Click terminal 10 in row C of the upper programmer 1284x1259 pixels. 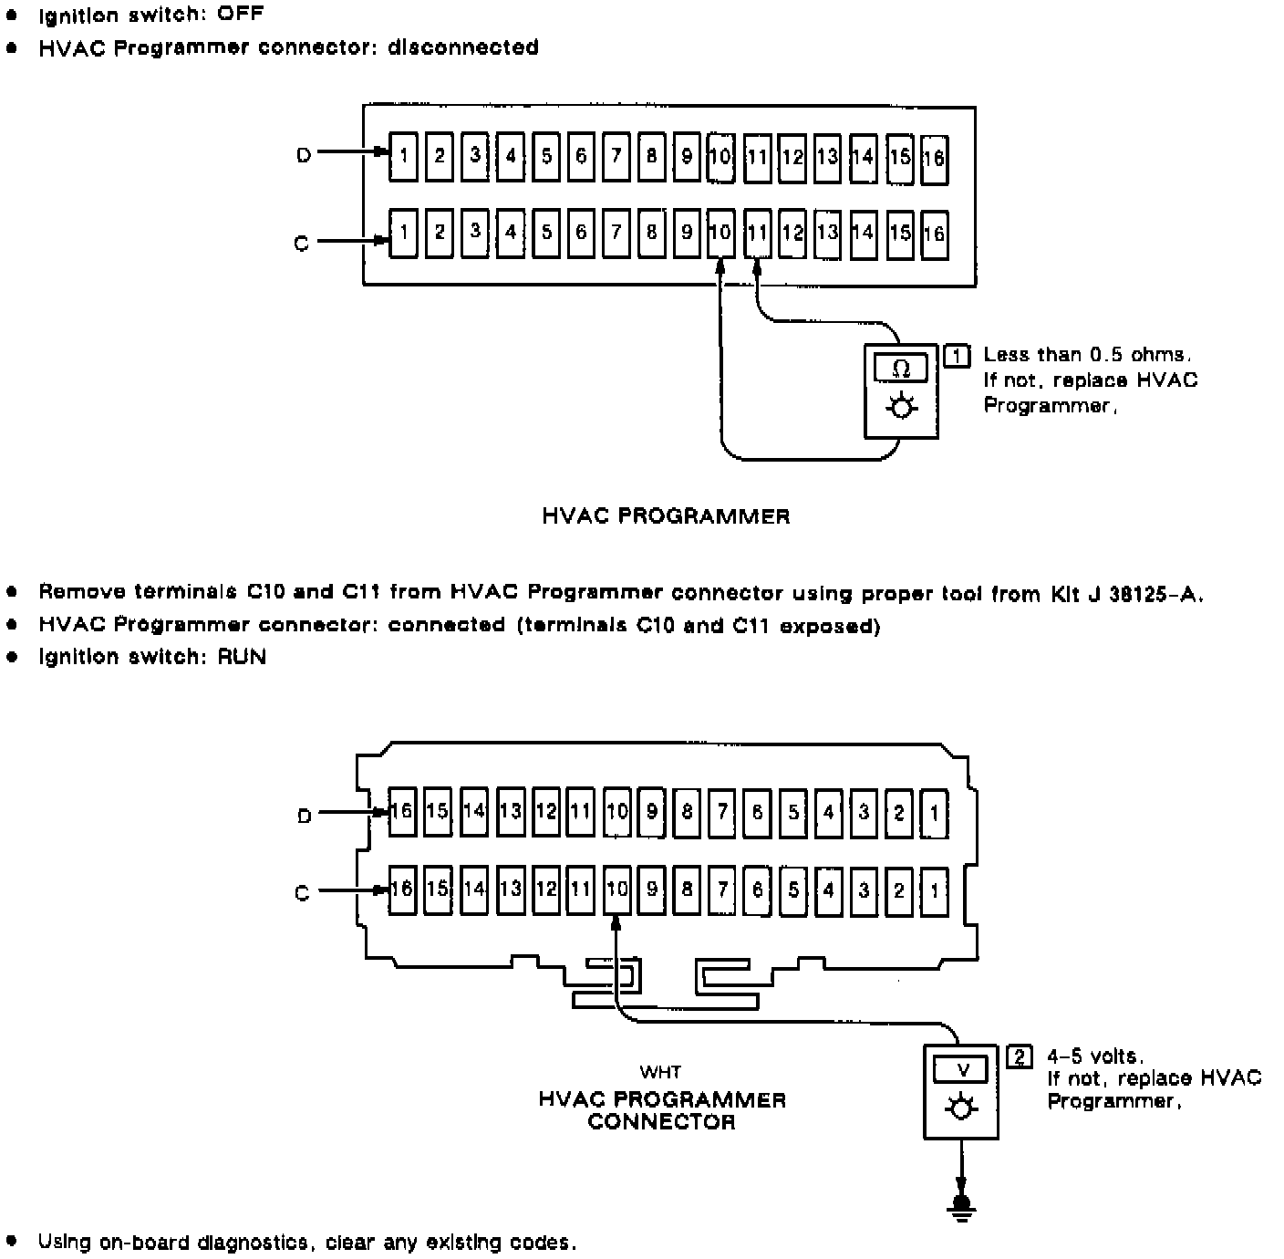coord(720,233)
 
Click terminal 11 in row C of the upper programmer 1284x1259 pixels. coord(757,233)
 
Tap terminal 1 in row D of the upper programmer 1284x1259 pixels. coord(403,156)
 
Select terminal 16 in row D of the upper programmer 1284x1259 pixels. coord(934,159)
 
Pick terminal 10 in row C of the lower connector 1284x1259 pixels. coord(617,889)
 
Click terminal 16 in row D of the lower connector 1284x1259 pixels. coord(402,811)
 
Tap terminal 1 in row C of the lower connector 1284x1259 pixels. coord(934,889)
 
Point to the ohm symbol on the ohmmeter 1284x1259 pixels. coord(901,369)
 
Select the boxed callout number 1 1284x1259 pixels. coord(957,355)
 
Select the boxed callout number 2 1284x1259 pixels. coord(1020,1057)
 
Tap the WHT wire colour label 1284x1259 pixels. coord(660,1072)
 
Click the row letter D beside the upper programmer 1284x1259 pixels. coord(304,155)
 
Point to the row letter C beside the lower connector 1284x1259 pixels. coord(303,892)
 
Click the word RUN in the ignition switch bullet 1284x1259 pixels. coord(242,657)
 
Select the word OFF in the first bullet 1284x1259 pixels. coord(241,15)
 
